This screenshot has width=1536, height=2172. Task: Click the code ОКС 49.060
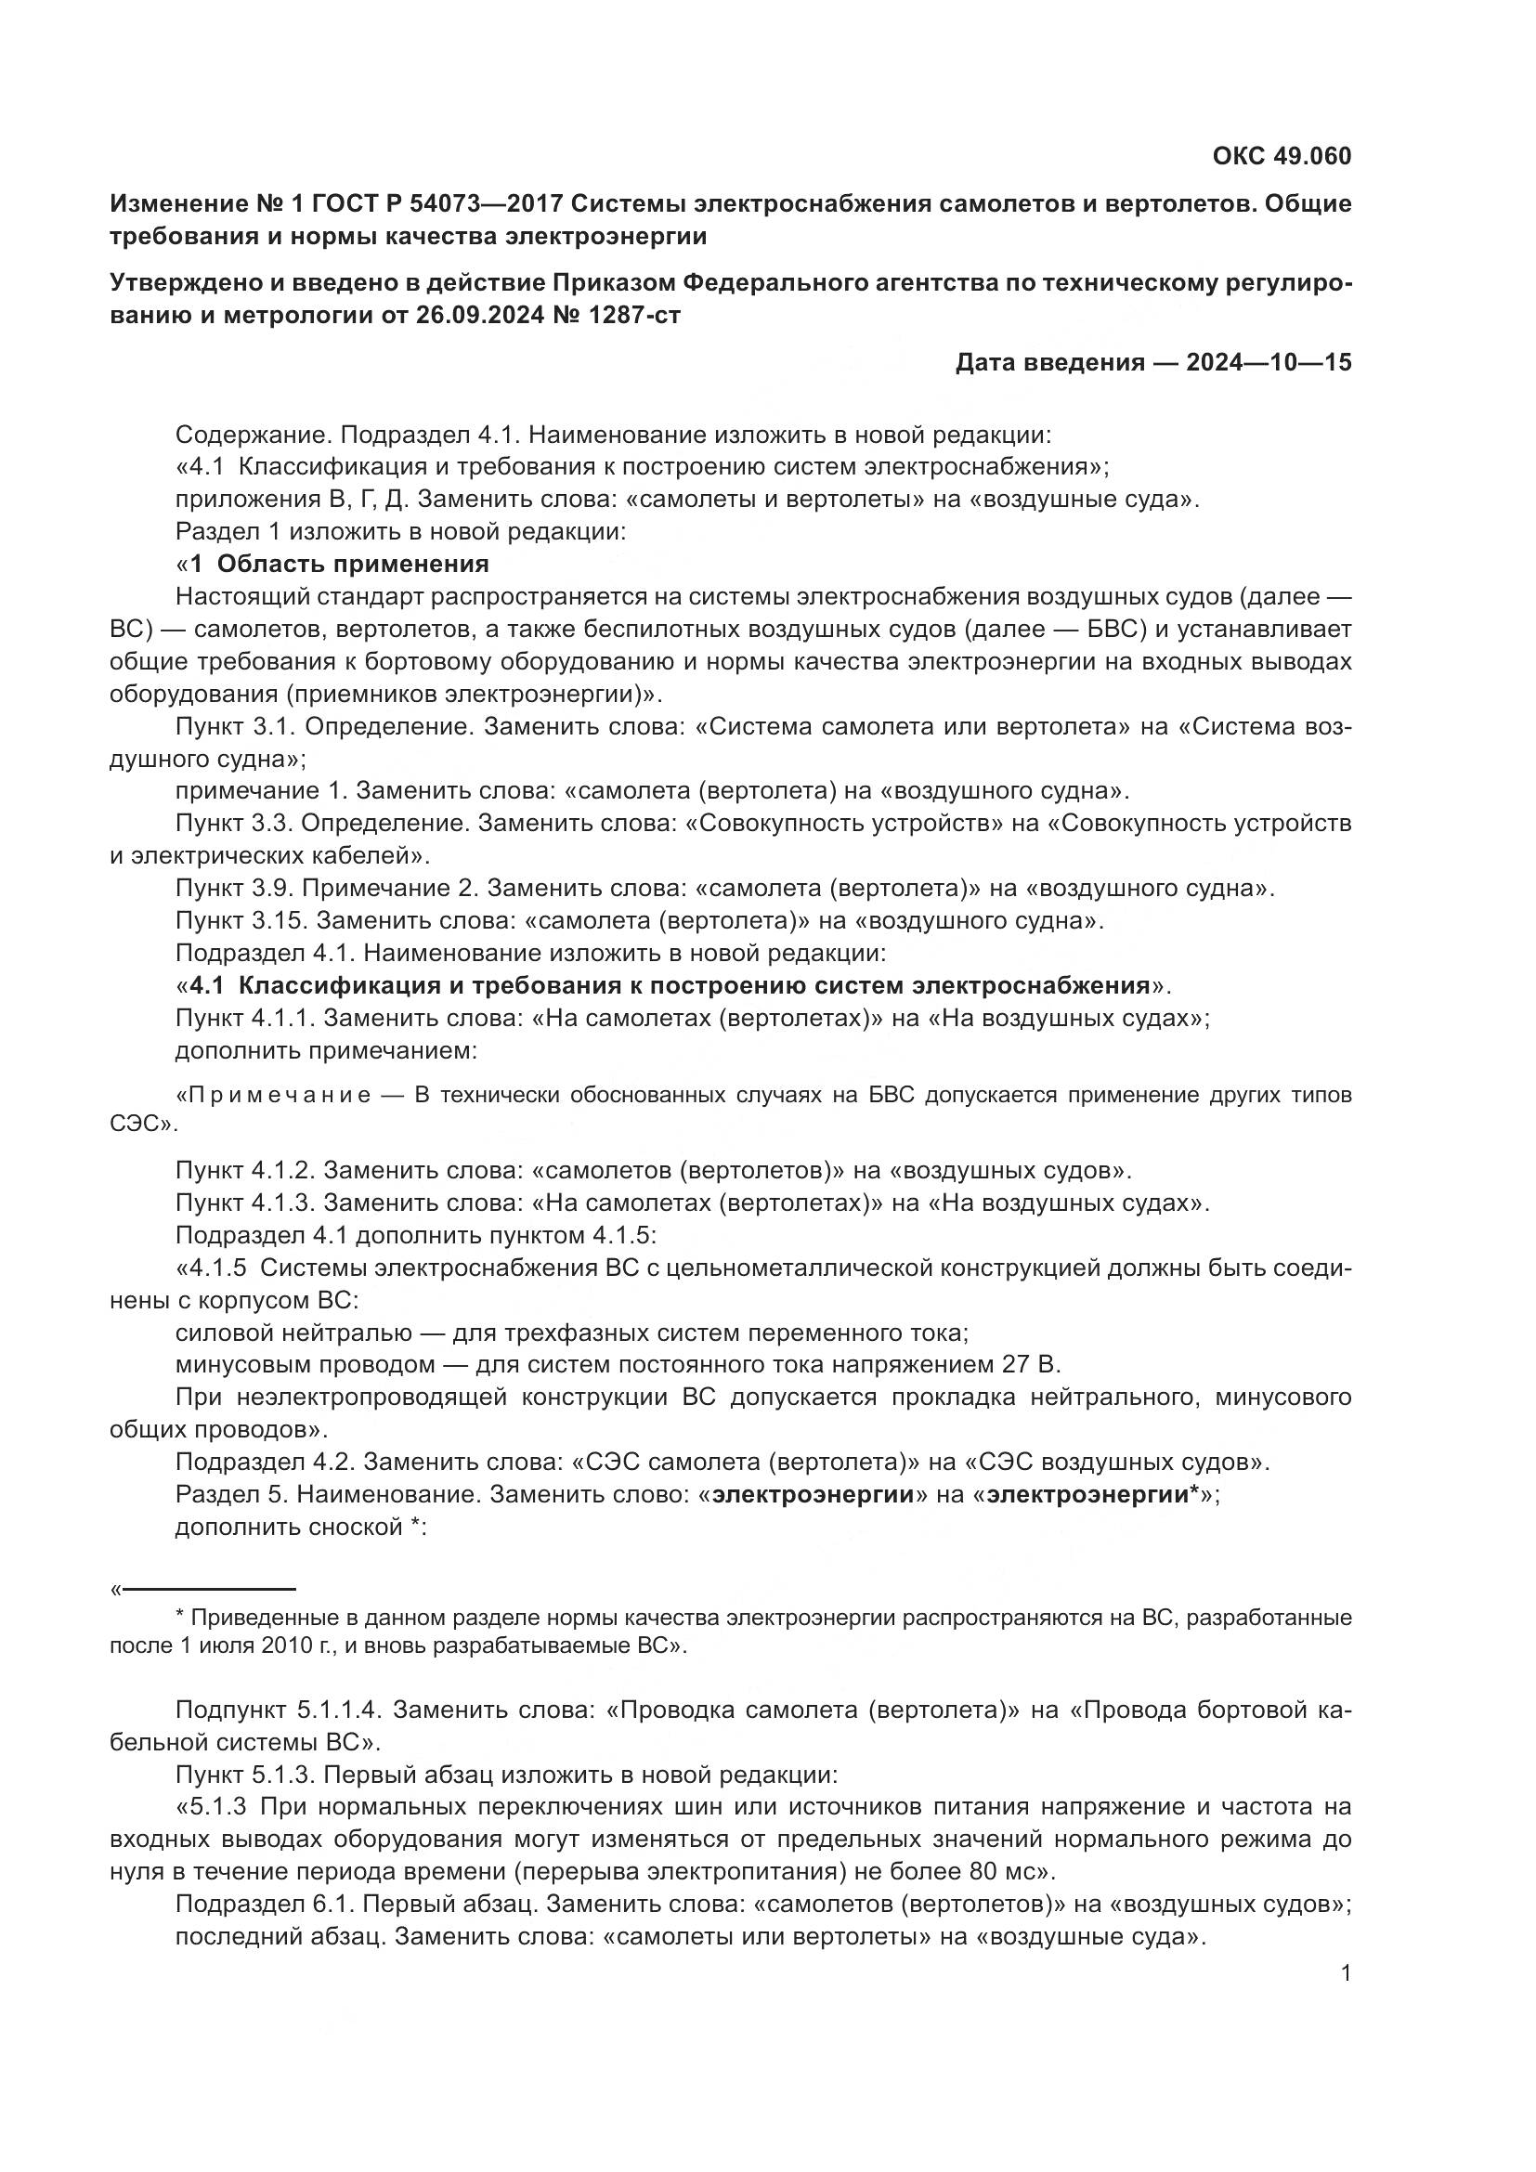point(1282,156)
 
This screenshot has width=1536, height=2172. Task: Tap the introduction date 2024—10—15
point(1269,362)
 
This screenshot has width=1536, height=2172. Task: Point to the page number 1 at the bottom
point(1346,1972)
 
